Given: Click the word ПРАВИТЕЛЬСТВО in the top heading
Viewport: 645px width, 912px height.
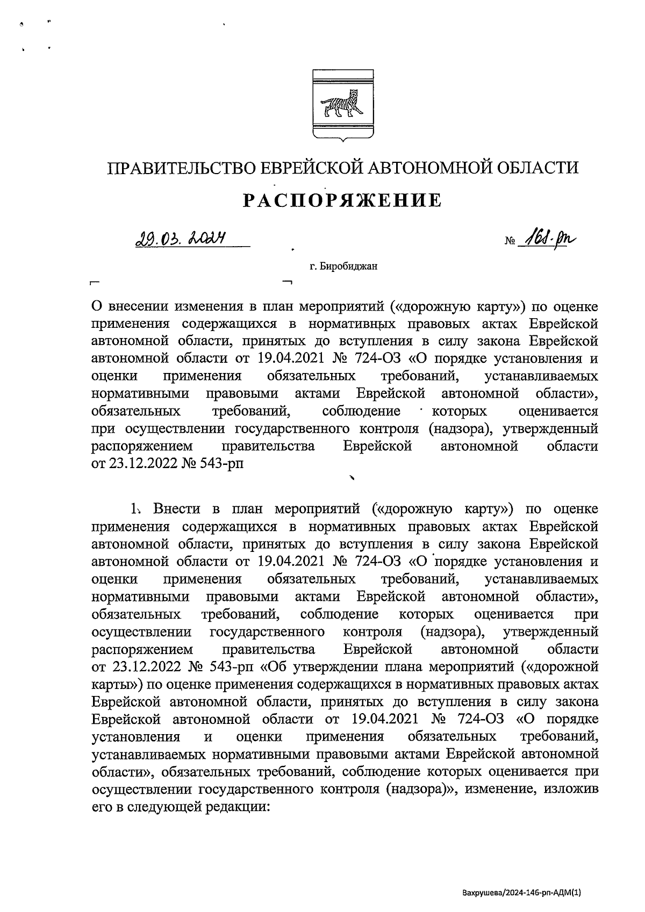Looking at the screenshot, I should click(181, 168).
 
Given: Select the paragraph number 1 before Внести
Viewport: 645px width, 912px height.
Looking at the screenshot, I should click(133, 508).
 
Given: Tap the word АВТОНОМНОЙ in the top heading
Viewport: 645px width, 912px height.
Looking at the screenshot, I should click(423, 168).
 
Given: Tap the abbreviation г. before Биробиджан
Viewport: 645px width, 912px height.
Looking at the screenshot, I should click(313, 265).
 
